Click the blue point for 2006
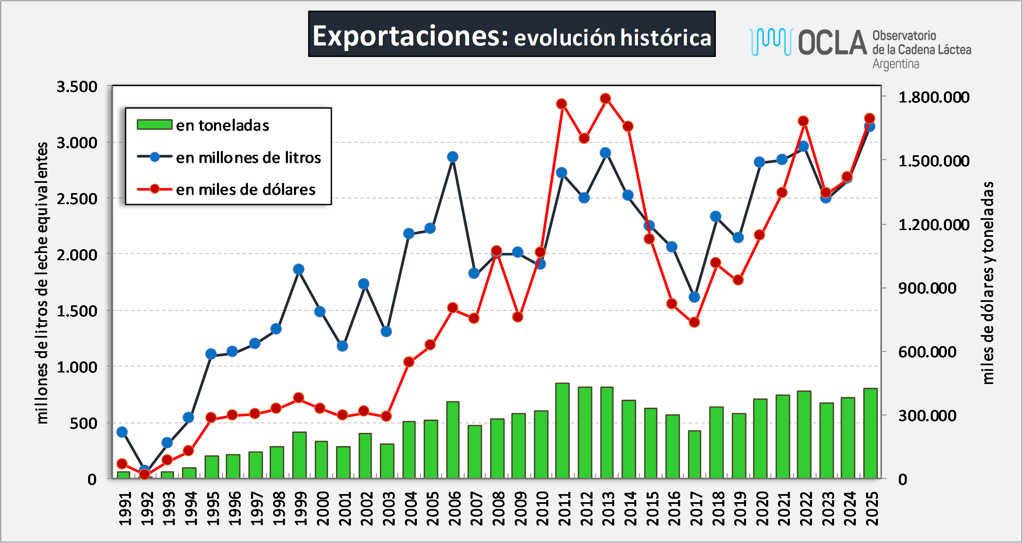click(453, 157)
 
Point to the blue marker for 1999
click(299, 269)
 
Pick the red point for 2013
click(606, 99)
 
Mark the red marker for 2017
click(694, 322)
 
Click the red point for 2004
click(409, 362)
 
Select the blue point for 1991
click(122, 432)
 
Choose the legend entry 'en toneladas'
click(222, 125)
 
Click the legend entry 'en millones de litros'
click(248, 158)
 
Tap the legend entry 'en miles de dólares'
click(245, 190)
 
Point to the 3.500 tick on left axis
click(77, 87)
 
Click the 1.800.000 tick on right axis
click(934, 97)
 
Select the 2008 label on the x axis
click(497, 509)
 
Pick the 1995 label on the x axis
click(211, 509)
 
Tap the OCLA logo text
click(832, 43)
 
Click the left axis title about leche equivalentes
click(42, 283)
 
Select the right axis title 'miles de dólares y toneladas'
click(988, 283)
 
